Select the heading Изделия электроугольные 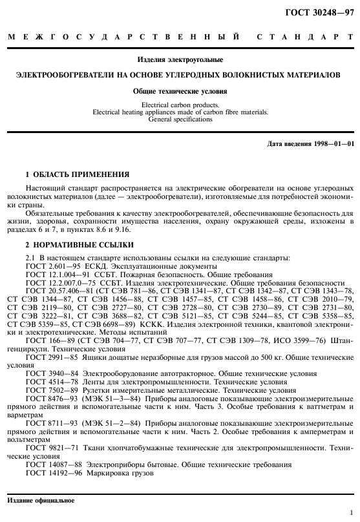tap(180, 59)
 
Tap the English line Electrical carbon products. tap(180, 105)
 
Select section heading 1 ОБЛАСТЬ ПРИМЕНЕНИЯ tap(77, 174)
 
